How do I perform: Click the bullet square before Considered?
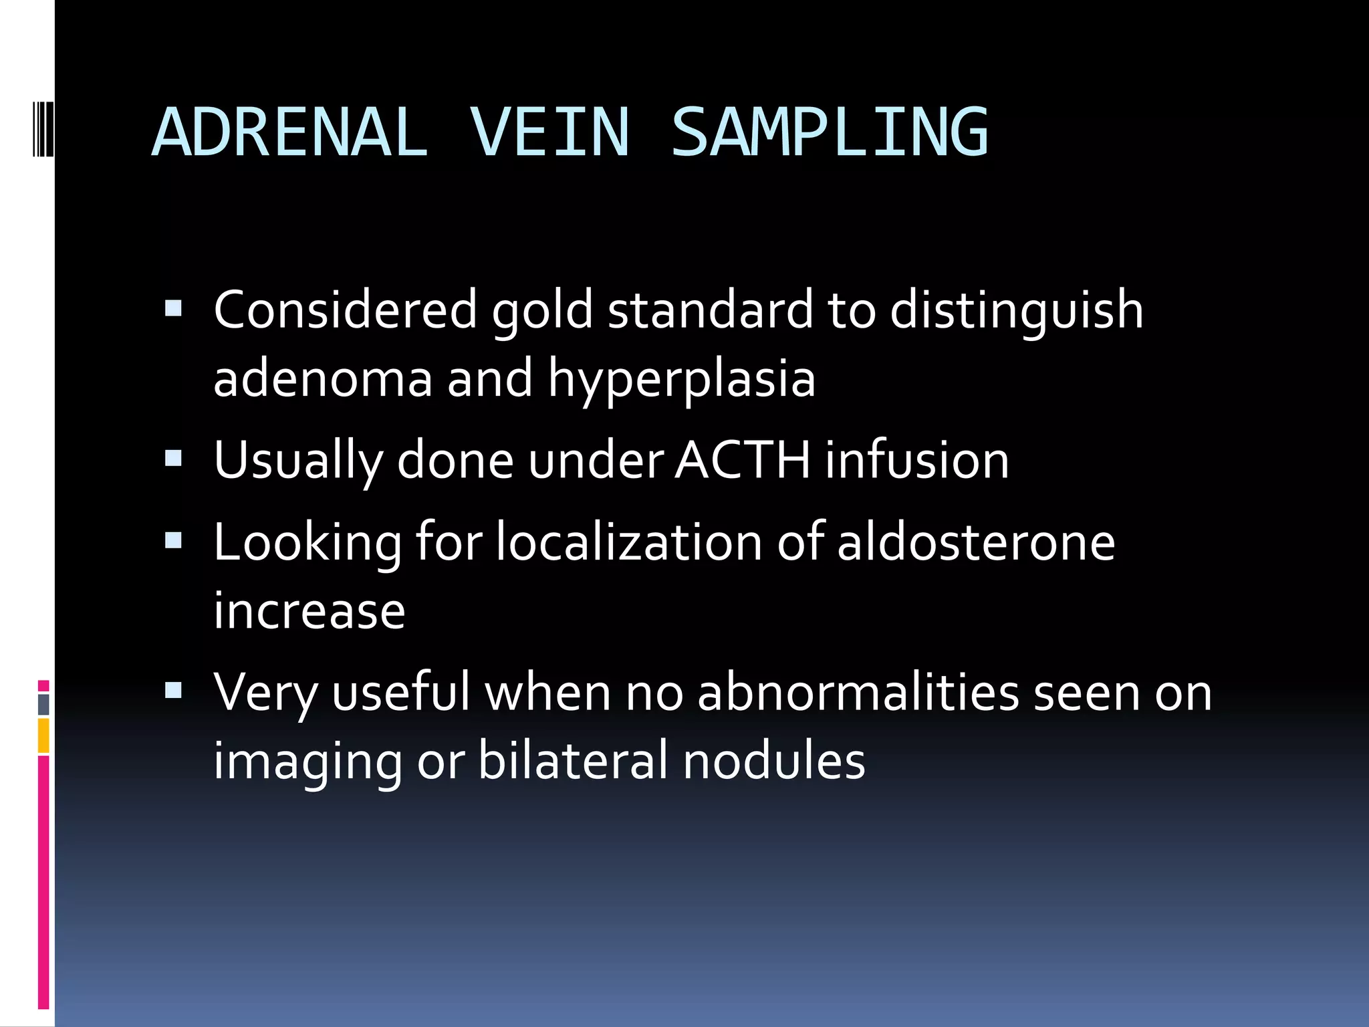tap(173, 308)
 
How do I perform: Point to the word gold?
tap(542, 312)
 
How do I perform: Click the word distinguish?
tap(1016, 312)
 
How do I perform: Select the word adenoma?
tap(322, 378)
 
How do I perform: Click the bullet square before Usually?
tap(173, 458)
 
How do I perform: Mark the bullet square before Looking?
tap(173, 540)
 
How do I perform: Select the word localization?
tap(628, 542)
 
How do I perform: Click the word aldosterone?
tap(976, 542)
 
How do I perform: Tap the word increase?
tap(309, 611)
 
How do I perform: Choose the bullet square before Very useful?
tap(173, 690)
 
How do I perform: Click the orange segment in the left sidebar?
tap(43, 735)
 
